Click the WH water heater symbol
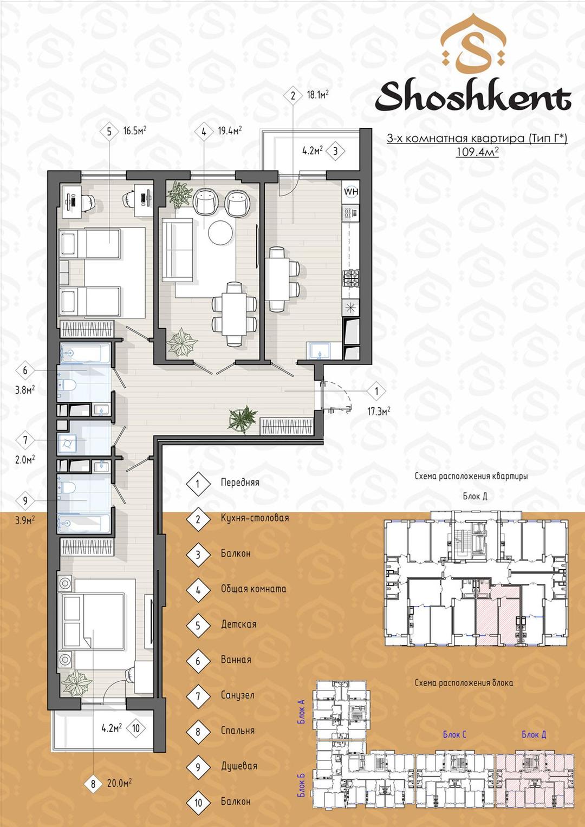351,192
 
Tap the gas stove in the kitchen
351,278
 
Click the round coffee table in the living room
220,232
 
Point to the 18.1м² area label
317,95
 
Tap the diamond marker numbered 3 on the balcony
335,151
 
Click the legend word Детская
238,624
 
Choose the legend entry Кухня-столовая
255,518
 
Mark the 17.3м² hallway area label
379,411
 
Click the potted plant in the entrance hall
242,419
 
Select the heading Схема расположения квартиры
471,476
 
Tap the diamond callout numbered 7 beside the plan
25,440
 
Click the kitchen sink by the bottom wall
318,350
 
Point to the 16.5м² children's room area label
135,131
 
